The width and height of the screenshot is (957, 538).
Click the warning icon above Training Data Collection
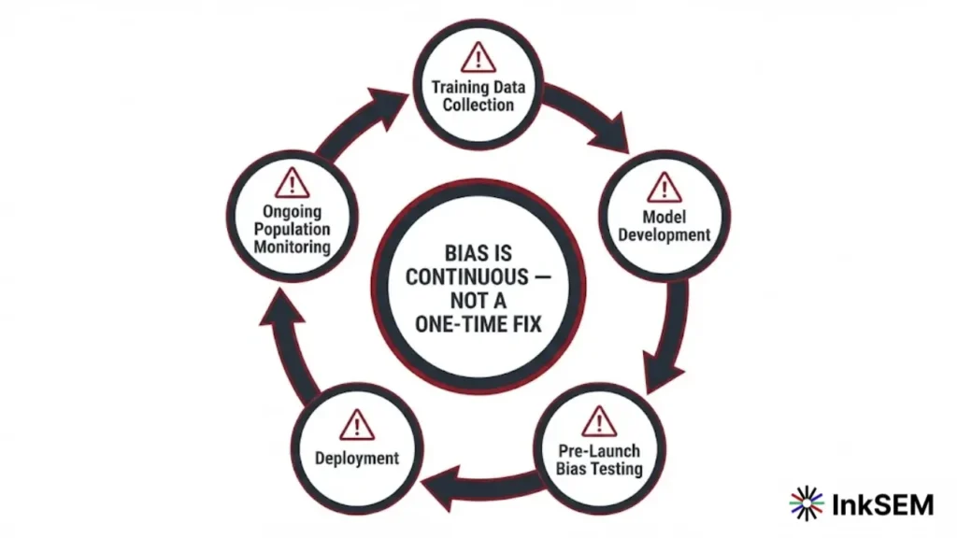pyautogui.click(x=478, y=57)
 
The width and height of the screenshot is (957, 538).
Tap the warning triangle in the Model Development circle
pyautogui.click(x=664, y=187)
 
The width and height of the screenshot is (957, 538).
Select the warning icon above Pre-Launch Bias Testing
pyautogui.click(x=599, y=421)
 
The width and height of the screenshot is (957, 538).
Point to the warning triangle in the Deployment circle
pyautogui.click(x=356, y=425)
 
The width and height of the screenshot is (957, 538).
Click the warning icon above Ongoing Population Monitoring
pyautogui.click(x=293, y=181)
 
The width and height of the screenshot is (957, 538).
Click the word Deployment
pyautogui.click(x=357, y=458)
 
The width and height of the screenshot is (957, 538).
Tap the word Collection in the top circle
pyautogui.click(x=478, y=105)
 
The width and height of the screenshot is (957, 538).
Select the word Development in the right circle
pyautogui.click(x=664, y=234)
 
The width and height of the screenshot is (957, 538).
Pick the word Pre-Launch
pyautogui.click(x=599, y=451)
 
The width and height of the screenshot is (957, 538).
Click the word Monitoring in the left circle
pyautogui.click(x=293, y=247)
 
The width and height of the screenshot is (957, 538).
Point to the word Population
pyautogui.click(x=293, y=230)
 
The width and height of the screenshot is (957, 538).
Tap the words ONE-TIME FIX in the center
pyautogui.click(x=478, y=322)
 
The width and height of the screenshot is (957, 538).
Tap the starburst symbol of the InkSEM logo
pyautogui.click(x=807, y=503)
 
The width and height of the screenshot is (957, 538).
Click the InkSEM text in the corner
pyautogui.click(x=882, y=504)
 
